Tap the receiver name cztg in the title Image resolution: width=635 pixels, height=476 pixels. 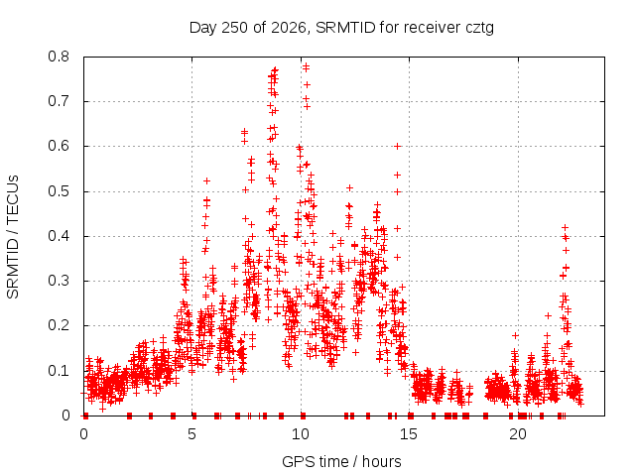(479, 29)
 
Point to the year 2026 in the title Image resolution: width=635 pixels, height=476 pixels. (289, 28)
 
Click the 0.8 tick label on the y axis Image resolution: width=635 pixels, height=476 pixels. (59, 57)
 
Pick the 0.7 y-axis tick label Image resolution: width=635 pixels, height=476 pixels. (59, 101)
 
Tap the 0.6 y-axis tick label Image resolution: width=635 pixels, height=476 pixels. (59, 146)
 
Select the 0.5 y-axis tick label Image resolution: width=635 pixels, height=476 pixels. (59, 191)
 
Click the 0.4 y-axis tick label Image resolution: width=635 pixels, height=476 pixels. (59, 236)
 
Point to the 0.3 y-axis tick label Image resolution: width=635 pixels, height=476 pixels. (59, 281)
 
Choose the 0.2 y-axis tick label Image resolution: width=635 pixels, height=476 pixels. (59, 326)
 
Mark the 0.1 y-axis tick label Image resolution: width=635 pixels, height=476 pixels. (59, 371)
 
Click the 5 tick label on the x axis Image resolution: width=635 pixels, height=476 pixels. (191, 434)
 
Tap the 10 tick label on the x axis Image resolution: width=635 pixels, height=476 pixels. (300, 434)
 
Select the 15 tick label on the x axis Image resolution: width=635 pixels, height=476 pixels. (409, 434)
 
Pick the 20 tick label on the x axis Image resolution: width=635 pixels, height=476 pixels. (518, 434)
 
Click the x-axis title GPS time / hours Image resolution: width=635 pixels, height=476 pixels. (341, 462)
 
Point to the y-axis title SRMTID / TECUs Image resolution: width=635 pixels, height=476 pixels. (13, 237)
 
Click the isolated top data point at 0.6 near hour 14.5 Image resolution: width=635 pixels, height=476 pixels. (398, 146)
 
